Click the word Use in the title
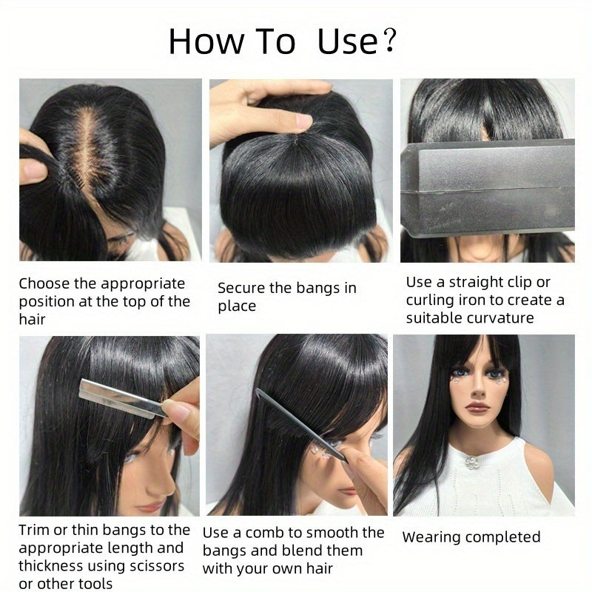coord(347,41)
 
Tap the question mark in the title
coord(389,41)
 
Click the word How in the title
coord(206,41)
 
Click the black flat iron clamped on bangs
coord(488,187)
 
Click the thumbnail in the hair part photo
coord(33,170)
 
